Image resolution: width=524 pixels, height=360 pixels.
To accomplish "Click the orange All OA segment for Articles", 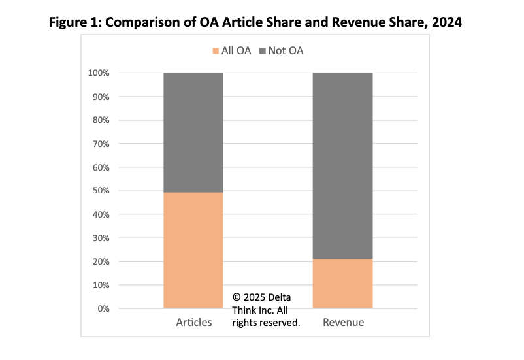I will tap(193, 250).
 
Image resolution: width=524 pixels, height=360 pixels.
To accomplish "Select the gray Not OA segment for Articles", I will tap(193, 132).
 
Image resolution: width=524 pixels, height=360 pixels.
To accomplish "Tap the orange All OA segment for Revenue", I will tap(343, 284).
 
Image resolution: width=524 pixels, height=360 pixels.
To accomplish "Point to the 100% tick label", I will tap(99, 73).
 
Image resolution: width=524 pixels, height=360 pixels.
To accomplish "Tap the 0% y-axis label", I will tap(103, 308).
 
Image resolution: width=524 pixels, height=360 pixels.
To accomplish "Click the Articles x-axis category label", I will tap(194, 323).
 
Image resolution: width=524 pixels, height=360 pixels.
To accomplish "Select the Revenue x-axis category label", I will tap(343, 323).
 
